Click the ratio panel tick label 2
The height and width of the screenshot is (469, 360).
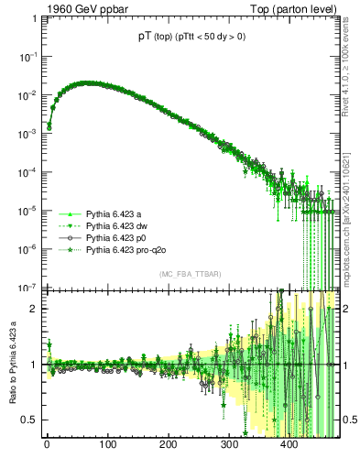[34, 308]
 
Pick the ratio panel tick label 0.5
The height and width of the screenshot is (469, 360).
[29, 420]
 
